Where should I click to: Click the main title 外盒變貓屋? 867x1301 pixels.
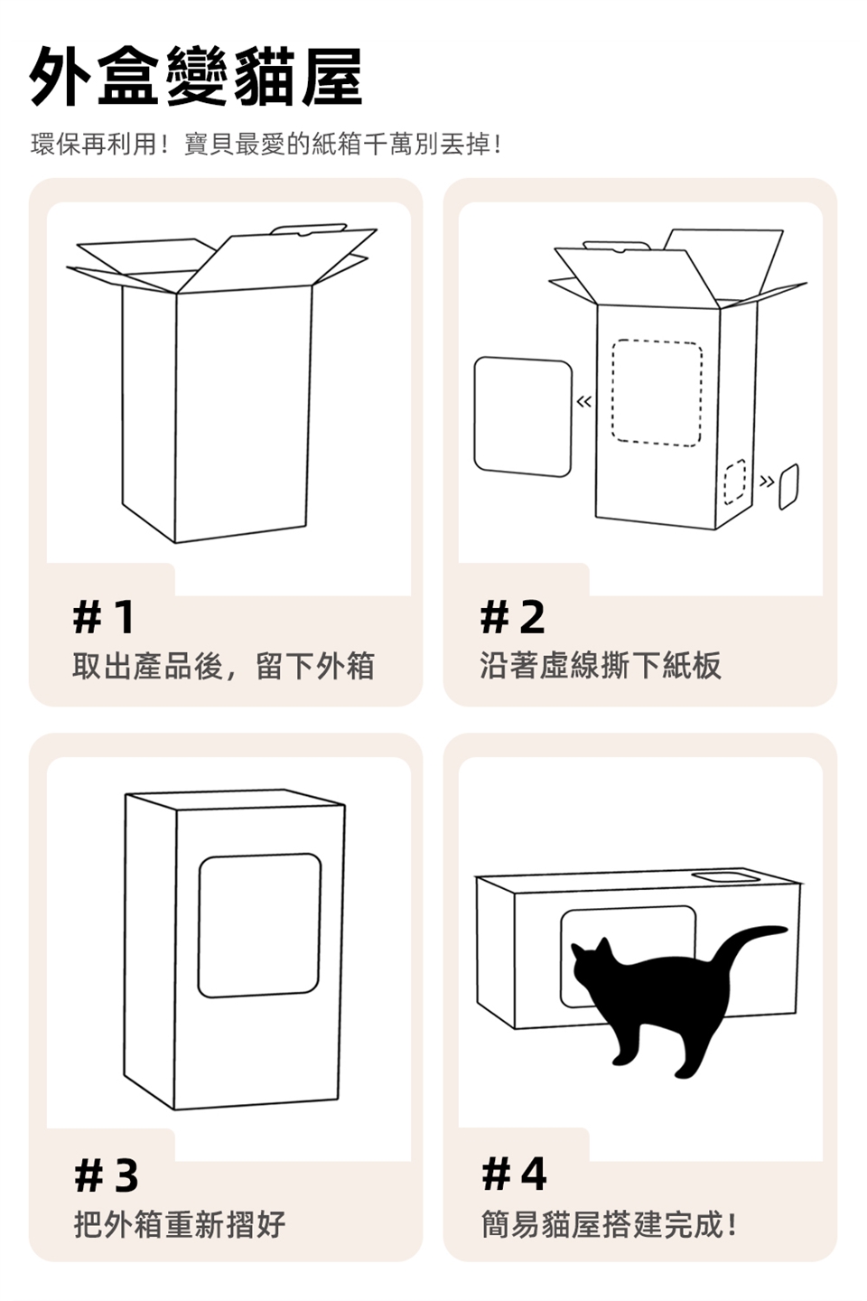click(196, 77)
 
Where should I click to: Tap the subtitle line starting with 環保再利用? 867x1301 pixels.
click(266, 144)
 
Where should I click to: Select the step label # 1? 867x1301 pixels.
click(105, 617)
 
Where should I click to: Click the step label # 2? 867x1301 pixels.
click(513, 617)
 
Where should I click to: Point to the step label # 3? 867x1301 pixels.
click(107, 1175)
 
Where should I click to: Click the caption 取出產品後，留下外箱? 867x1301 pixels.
click(224, 666)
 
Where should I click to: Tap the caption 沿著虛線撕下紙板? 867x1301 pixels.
click(601, 666)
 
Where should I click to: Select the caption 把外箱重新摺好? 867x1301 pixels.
click(180, 1223)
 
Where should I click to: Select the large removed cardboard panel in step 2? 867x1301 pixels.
click(523, 417)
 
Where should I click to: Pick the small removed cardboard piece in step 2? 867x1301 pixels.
click(788, 487)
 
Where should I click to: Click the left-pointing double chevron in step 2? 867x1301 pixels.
click(584, 401)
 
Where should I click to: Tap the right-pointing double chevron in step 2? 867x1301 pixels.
click(767, 481)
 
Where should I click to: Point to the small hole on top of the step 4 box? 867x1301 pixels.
click(726, 877)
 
